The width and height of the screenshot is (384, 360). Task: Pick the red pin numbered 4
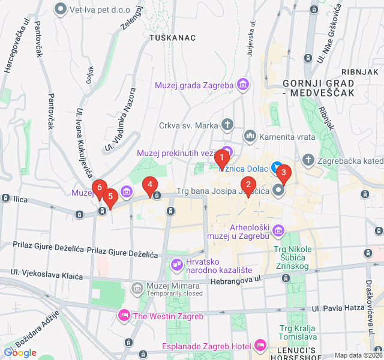(149, 184)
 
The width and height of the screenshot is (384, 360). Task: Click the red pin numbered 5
(110, 196)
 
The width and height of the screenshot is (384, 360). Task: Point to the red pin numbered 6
(100, 188)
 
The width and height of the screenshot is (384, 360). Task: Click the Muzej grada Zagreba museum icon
(242, 85)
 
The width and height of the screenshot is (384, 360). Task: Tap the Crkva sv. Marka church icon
(227, 125)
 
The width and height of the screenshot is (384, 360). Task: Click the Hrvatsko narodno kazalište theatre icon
(176, 263)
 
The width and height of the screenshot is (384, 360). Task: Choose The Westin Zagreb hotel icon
(124, 314)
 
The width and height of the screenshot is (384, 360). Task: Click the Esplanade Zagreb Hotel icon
(260, 346)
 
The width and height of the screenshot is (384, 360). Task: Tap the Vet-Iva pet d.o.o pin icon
(61, 8)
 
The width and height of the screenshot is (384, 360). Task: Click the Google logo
(20, 352)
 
